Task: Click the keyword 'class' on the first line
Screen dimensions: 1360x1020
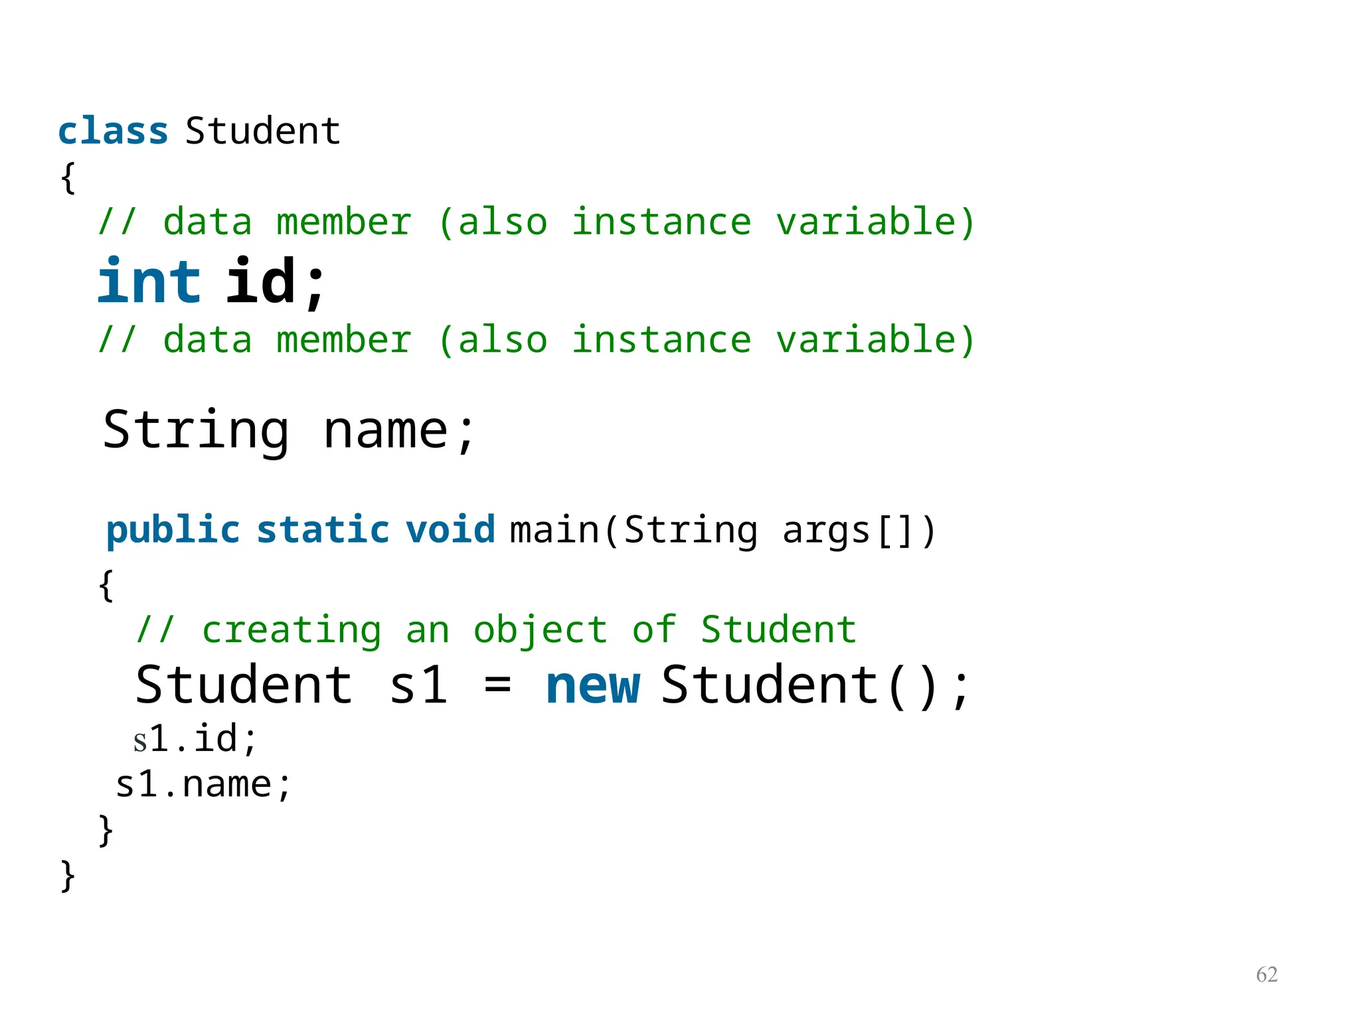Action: point(113,131)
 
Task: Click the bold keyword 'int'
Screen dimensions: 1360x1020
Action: point(149,282)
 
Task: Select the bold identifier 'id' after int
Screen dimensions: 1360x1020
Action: point(260,282)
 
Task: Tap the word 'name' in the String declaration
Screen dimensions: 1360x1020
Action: point(385,430)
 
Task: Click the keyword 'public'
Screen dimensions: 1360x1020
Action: point(173,531)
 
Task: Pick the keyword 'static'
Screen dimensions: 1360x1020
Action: point(323,530)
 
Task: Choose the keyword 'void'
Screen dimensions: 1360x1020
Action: point(450,530)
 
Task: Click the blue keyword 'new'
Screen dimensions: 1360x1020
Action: point(592,686)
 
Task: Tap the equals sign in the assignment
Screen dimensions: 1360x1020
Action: point(497,686)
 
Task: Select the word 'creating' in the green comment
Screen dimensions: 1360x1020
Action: point(292,630)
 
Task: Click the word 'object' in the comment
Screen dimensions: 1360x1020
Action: point(540,630)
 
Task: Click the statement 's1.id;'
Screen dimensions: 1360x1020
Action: point(195,739)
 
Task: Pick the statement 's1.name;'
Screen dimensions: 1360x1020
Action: point(203,785)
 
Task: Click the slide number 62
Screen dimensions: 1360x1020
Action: point(1266,974)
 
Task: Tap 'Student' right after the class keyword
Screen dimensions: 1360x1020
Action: point(263,131)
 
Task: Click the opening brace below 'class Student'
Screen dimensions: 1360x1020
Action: point(68,178)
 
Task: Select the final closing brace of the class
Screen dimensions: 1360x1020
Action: point(68,876)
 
